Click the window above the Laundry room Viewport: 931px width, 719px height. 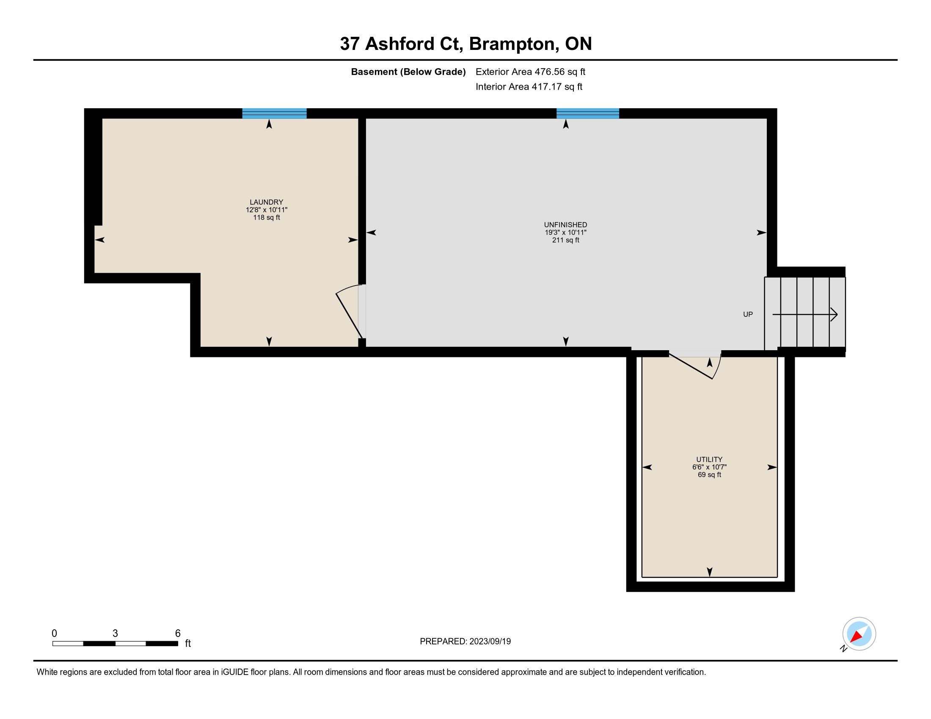click(x=275, y=113)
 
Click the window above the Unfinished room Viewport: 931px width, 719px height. click(x=588, y=113)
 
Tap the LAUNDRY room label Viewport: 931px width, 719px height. click(x=267, y=202)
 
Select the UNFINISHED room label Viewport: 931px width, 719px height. click(x=566, y=225)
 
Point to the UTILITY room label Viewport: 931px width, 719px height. click(x=709, y=459)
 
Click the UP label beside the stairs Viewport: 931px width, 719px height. click(x=748, y=314)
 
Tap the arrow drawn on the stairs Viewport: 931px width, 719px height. click(x=805, y=315)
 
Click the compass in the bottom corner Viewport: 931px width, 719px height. click(x=859, y=634)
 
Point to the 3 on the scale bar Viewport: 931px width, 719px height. click(x=115, y=634)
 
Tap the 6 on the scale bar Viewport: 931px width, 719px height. click(x=178, y=634)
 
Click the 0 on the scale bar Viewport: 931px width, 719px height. click(x=54, y=634)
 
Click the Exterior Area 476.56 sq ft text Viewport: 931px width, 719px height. click(x=530, y=71)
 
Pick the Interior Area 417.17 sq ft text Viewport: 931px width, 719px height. click(x=529, y=86)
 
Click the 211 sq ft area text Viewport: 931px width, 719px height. click(x=566, y=240)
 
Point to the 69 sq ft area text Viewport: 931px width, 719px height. click(x=709, y=475)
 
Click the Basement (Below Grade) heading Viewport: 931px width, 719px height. click(x=408, y=71)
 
